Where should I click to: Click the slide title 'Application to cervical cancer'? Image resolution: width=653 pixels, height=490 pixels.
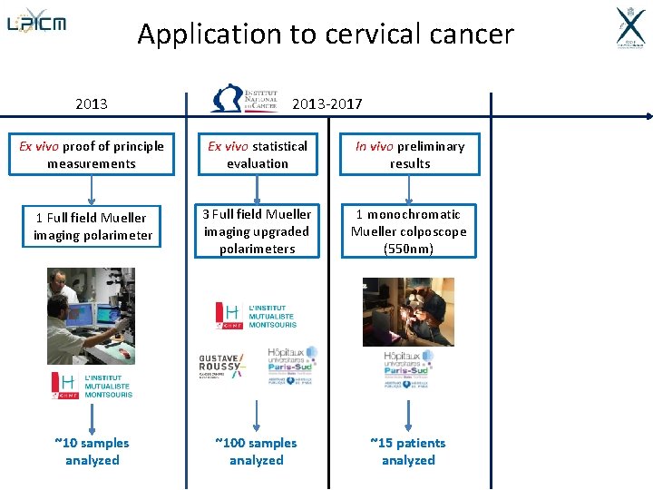tap(326, 34)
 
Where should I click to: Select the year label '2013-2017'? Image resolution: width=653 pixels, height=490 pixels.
tap(326, 103)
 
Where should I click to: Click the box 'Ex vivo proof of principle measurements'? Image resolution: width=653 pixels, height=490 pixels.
tap(92, 155)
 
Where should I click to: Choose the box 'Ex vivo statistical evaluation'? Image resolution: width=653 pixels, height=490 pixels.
tap(258, 155)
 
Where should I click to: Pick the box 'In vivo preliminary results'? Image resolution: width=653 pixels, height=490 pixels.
tap(410, 155)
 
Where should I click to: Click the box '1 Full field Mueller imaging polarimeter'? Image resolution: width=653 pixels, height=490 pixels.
tap(92, 226)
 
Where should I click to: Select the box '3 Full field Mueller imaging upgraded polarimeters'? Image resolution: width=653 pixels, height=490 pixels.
tap(258, 231)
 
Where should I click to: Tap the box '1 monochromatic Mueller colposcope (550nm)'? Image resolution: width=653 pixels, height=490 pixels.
tap(410, 231)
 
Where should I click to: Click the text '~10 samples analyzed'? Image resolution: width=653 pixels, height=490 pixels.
tap(92, 451)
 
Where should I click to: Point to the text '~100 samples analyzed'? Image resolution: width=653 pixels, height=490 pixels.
tap(257, 451)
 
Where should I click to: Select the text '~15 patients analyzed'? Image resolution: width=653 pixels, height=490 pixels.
tap(408, 451)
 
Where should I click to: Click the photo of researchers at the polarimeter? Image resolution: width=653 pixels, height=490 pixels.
tap(91, 316)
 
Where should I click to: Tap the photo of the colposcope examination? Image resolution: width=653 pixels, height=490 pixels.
tap(408, 311)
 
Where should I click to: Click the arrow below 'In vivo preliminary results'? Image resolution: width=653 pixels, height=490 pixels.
tap(410, 190)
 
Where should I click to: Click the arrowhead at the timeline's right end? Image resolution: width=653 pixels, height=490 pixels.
tap(647, 116)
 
